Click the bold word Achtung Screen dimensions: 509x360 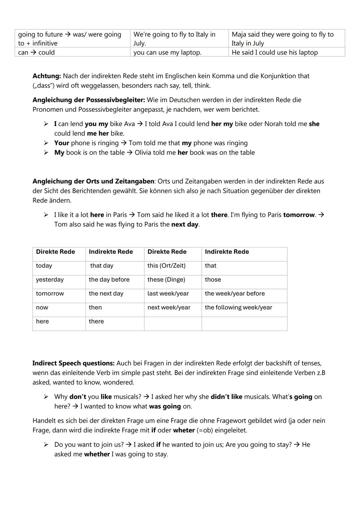click(x=47, y=76)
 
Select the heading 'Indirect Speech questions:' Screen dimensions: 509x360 click(x=73, y=363)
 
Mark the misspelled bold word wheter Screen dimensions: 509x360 click(x=184, y=430)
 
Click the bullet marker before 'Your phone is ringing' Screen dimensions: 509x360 click(x=46, y=143)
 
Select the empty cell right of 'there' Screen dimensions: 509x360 click(x=173, y=322)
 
